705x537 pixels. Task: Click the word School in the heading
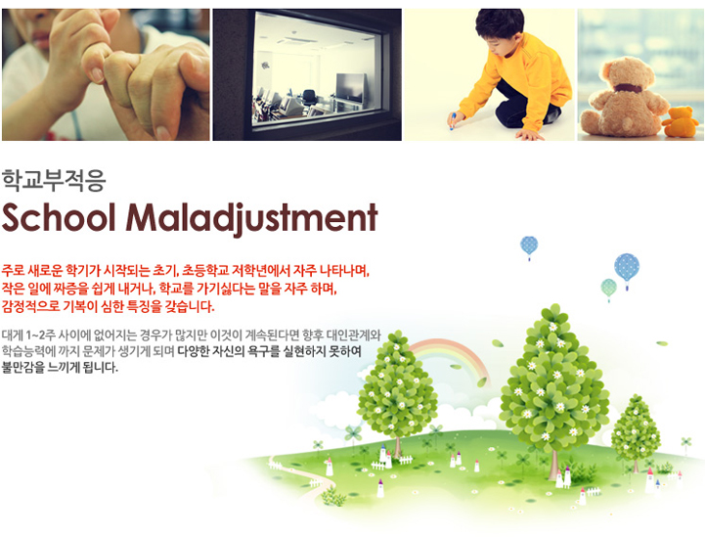point(58,218)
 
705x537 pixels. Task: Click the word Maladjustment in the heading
point(252,219)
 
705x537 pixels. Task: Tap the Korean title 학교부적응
point(54,180)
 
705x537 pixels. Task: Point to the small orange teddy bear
point(680,121)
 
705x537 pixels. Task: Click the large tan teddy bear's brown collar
point(628,88)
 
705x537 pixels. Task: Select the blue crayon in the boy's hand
point(453,121)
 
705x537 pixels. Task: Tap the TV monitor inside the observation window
point(350,88)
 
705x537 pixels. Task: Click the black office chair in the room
point(309,98)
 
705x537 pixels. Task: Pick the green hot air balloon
point(609,288)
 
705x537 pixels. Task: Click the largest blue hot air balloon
point(627,268)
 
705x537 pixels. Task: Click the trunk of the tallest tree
point(553,465)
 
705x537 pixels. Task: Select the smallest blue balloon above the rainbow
point(529,246)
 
